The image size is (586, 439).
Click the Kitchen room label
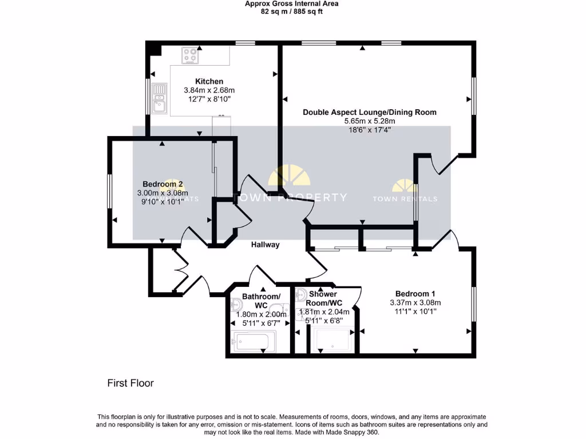pos(209,81)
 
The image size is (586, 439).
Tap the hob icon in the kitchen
pos(190,55)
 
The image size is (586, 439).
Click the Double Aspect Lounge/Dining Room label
pos(369,112)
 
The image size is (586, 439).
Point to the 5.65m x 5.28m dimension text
pos(369,121)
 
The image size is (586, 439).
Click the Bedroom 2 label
pos(163,184)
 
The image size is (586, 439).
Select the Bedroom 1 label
pos(415,294)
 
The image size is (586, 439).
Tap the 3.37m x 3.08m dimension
pos(415,303)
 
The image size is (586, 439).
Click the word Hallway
pos(266,245)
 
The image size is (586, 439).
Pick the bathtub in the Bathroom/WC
pos(254,342)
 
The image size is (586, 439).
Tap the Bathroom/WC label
pos(261,301)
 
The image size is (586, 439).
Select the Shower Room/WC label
pos(323,298)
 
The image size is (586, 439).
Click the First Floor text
pos(130,383)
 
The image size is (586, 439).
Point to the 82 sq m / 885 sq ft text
pos(291,11)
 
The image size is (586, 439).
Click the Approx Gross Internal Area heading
pos(291,3)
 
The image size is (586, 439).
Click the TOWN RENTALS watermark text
pos(405,199)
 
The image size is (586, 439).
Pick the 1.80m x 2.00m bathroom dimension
pos(260,314)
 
